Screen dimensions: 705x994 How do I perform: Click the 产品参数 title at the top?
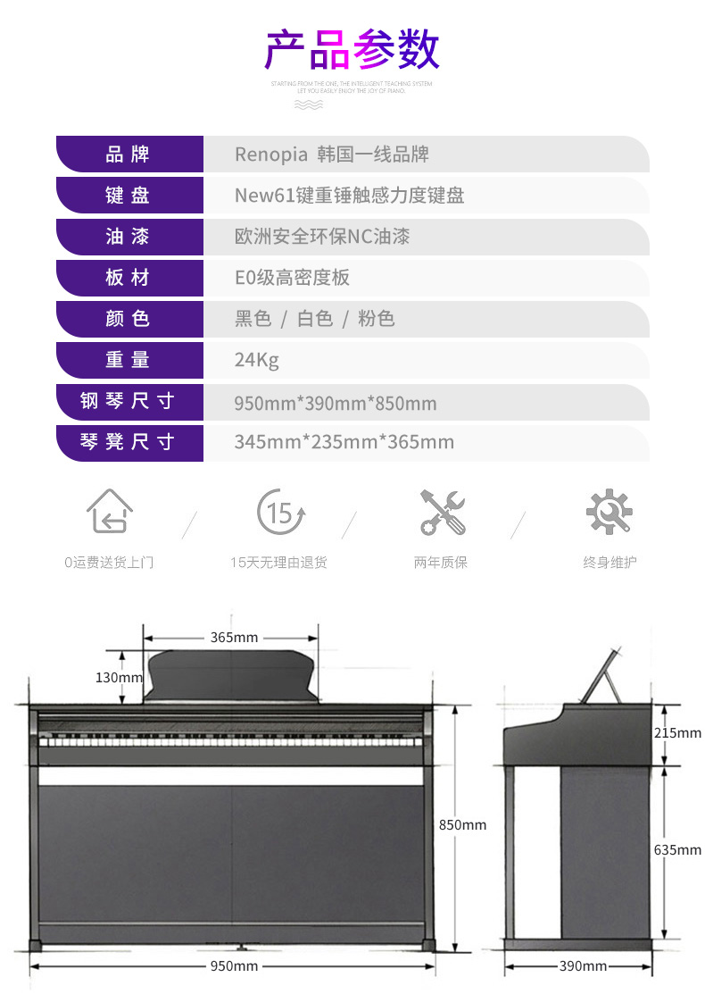(352, 50)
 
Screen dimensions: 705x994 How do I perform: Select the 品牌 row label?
(128, 155)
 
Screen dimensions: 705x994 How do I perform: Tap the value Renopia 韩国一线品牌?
(331, 155)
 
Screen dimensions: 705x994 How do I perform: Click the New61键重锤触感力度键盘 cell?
(349, 196)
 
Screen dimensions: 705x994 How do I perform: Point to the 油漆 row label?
(128, 237)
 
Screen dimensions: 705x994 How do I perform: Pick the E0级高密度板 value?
(292, 278)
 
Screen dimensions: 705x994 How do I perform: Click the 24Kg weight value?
(256, 360)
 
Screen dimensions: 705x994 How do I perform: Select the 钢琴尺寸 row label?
(128, 401)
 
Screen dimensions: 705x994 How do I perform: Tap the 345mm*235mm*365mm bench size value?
(344, 442)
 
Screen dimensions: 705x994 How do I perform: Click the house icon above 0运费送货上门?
(109, 512)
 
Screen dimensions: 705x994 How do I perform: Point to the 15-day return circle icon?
(281, 512)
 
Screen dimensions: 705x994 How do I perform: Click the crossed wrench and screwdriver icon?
(442, 512)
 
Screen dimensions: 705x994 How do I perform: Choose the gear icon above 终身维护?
(609, 512)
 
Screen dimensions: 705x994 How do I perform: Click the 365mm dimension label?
(234, 638)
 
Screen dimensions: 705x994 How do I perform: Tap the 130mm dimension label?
(119, 677)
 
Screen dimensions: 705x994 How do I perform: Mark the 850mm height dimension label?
(462, 825)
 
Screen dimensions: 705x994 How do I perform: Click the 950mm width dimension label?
(234, 966)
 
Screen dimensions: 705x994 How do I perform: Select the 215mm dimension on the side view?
(677, 733)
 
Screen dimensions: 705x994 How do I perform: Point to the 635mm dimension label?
(677, 850)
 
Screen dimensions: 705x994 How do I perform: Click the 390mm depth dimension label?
(583, 966)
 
